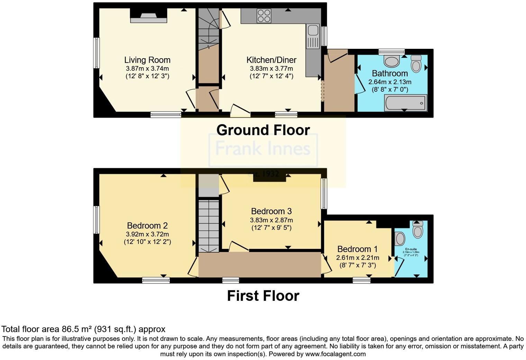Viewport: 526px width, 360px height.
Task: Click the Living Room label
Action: pyautogui.click(x=147, y=60)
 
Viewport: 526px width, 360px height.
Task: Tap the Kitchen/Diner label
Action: pyautogui.click(x=271, y=60)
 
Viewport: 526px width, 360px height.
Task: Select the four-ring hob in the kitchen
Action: pyautogui.click(x=264, y=16)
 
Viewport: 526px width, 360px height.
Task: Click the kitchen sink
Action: pyautogui.click(x=313, y=30)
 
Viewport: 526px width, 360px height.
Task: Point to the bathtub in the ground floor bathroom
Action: pyautogui.click(x=406, y=103)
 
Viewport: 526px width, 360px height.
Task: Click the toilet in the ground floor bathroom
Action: pyautogui.click(x=416, y=63)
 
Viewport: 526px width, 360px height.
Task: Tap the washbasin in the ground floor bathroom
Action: pyautogui.click(x=392, y=62)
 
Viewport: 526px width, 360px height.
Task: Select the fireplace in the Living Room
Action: pyautogui.click(x=148, y=17)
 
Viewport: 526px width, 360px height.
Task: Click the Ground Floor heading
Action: pyautogui.click(x=263, y=130)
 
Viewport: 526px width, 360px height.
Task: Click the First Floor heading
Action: pyautogui.click(x=263, y=296)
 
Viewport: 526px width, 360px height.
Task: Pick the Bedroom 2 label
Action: pyautogui.click(x=147, y=226)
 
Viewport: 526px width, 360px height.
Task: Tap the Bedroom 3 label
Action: pyautogui.click(x=271, y=211)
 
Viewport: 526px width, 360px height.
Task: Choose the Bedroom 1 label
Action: pyautogui.click(x=357, y=249)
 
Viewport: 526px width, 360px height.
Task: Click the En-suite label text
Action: pyautogui.click(x=411, y=249)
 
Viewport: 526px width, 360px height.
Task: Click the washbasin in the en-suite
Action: pyautogui.click(x=400, y=238)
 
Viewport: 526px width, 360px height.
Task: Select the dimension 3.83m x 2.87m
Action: pyautogui.click(x=271, y=220)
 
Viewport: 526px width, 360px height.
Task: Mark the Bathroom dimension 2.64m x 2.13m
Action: pyautogui.click(x=390, y=82)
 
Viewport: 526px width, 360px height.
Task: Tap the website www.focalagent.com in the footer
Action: pyautogui.click(x=335, y=354)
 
